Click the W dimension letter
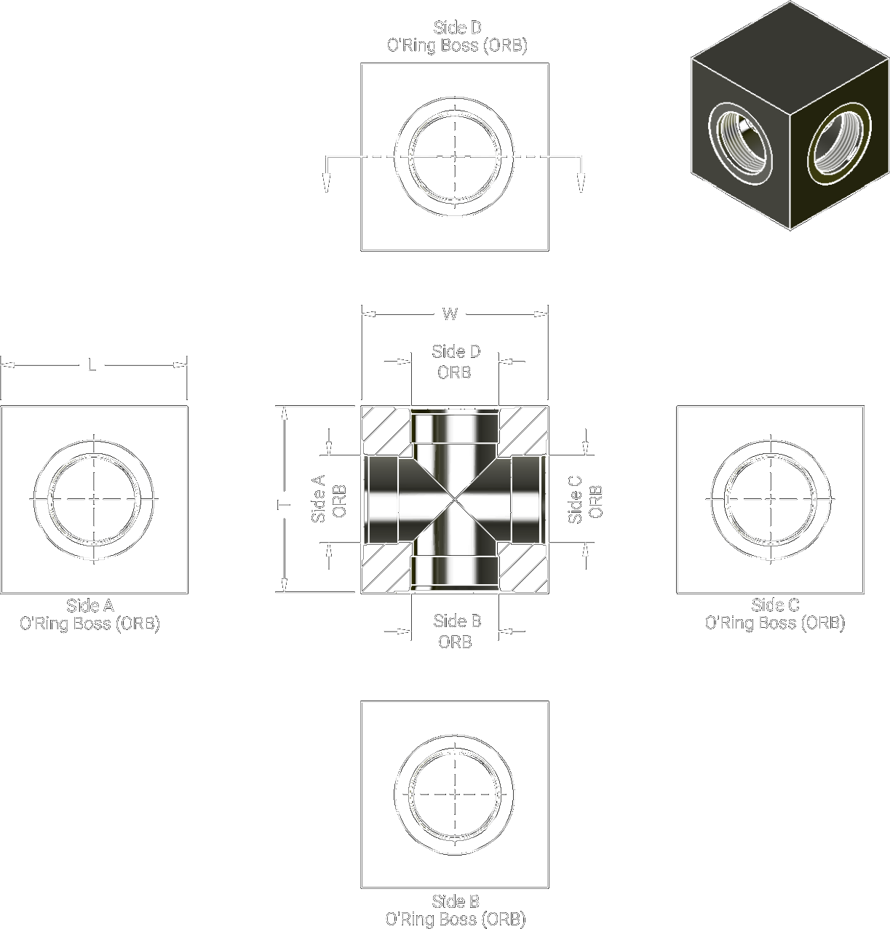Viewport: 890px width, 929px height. point(450,314)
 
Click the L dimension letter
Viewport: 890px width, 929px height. point(92,366)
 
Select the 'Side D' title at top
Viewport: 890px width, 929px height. point(457,28)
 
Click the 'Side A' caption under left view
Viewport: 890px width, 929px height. point(90,605)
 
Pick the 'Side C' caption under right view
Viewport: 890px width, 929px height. point(775,605)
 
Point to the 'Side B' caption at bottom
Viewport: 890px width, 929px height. point(456,901)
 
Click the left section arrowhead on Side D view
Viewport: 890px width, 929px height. point(327,183)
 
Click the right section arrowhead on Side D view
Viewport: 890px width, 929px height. point(580,183)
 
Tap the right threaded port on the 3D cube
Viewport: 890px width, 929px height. point(839,139)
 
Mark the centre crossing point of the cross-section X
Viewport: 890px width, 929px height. point(455,500)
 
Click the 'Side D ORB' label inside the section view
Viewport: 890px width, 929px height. point(456,362)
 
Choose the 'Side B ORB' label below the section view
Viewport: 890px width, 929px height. point(456,631)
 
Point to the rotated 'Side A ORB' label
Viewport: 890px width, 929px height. point(328,499)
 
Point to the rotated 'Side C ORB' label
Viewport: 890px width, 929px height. point(585,499)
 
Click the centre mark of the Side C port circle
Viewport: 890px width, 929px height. point(771,499)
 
